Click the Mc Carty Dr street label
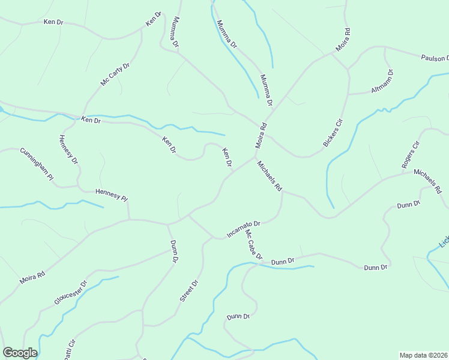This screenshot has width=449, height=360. coord(115,74)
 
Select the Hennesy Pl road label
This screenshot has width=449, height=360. coord(112,194)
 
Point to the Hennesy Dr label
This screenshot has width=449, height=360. coord(68,149)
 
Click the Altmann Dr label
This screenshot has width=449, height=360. coord(382,82)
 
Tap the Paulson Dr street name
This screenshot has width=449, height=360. coord(434,58)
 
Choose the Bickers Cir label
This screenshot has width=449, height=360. coord(333,133)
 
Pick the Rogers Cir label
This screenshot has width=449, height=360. coord(411,155)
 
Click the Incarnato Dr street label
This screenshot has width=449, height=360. coord(243,229)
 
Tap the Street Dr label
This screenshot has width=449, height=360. coord(188,290)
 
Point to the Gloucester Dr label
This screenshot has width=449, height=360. coord(71,293)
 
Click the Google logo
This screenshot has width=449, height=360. coord(20,353)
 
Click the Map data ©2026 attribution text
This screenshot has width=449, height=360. coord(424,355)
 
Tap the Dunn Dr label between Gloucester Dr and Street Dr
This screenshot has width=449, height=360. coord(173,252)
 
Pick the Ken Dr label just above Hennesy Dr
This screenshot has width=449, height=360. coord(91,121)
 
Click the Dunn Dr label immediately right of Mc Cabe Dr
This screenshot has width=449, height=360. coord(282,261)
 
